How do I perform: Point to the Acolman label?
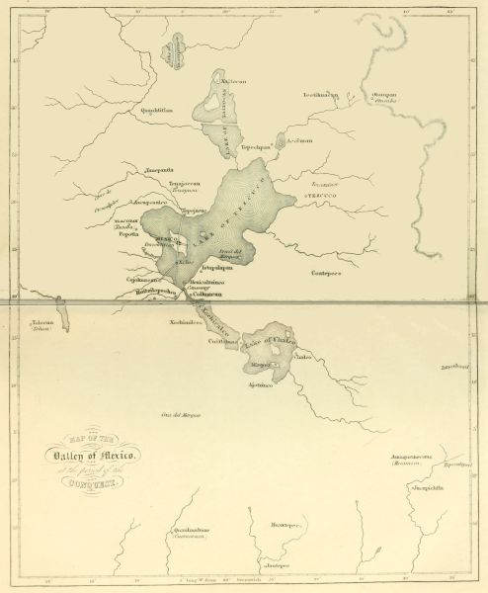[299, 141]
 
